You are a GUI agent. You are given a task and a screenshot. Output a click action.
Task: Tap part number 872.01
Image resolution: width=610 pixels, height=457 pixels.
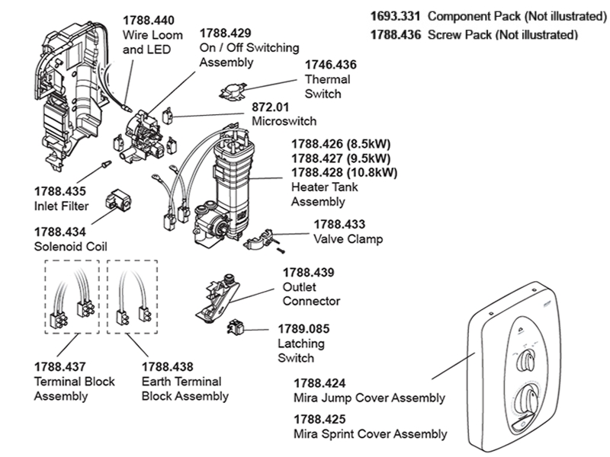point(270,107)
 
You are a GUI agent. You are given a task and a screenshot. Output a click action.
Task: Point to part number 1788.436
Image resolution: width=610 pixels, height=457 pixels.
point(396,35)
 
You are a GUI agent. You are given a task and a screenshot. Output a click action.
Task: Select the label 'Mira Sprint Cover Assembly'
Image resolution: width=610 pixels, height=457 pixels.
point(370,434)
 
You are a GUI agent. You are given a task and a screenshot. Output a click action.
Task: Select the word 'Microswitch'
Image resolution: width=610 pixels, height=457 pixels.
point(284,121)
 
